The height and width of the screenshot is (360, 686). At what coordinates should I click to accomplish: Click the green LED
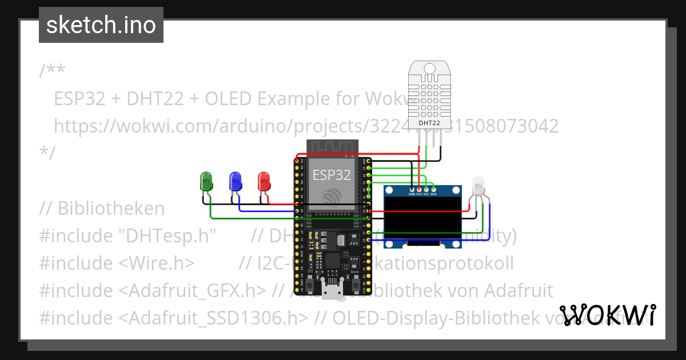point(206,182)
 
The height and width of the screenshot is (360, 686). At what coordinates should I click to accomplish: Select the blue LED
point(235,182)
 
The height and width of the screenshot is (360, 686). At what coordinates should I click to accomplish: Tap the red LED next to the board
point(264,182)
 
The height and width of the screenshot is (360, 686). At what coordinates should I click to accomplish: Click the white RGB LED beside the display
point(478,186)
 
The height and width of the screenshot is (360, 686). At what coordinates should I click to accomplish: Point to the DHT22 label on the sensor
point(429,122)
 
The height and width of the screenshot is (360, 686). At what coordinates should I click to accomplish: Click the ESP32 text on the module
point(331,174)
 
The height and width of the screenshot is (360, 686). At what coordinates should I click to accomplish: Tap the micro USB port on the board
point(331,291)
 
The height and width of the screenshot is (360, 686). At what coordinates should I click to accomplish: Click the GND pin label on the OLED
point(412,194)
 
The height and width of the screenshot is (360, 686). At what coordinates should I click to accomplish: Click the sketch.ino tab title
point(101,25)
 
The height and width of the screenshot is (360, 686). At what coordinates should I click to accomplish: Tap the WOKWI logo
point(608,315)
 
